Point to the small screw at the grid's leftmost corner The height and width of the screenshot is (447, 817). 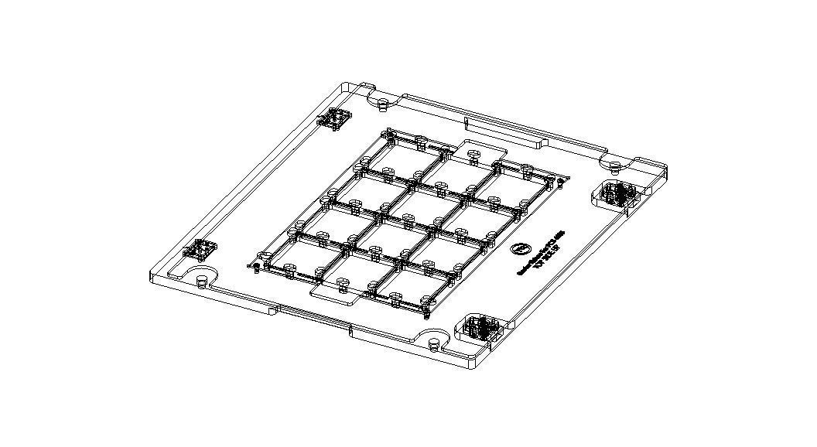click(x=253, y=268)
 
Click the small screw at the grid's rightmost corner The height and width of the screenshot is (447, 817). click(x=558, y=183)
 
